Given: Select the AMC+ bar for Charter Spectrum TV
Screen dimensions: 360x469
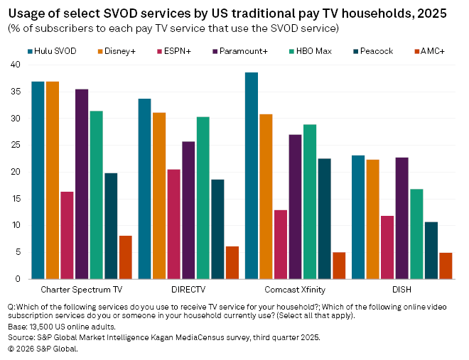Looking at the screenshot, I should point(125,257).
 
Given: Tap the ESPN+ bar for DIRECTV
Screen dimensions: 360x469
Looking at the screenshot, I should point(173,224).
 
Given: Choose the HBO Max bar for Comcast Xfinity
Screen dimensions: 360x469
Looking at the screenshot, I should point(310,202).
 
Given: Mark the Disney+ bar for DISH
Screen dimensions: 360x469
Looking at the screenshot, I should point(372,219).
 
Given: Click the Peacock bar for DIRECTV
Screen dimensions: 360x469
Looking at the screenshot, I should point(217,229).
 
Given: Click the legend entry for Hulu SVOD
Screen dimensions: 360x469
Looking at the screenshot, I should point(53,50).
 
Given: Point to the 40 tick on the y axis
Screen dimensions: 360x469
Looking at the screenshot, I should point(15,65).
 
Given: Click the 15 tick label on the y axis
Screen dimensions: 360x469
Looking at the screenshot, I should point(15,199).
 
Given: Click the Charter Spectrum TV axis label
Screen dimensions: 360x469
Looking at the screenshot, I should point(81,290).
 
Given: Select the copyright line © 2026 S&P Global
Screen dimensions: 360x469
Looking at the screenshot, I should point(43,348).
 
